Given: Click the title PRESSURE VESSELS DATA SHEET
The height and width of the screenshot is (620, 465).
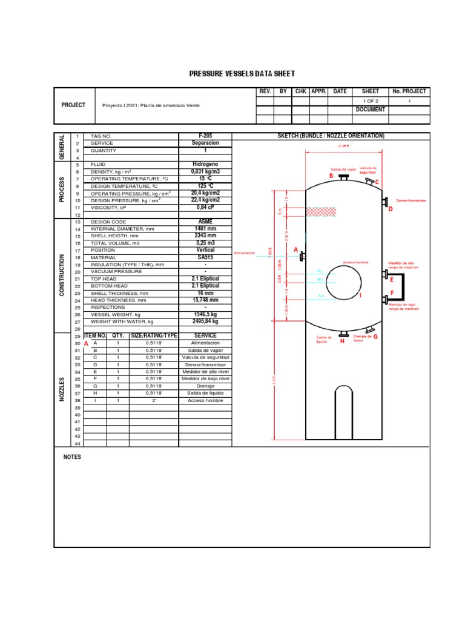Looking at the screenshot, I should pyautogui.click(x=242, y=74).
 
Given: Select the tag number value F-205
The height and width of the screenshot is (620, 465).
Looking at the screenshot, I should pyautogui.click(x=205, y=136).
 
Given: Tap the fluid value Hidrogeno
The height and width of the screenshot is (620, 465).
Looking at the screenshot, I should pyautogui.click(x=205, y=164).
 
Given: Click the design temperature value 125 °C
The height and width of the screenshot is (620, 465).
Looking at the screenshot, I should pyautogui.click(x=205, y=186).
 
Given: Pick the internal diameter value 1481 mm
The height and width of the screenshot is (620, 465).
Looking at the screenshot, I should pyautogui.click(x=205, y=229).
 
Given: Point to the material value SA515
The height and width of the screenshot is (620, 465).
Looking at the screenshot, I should pyautogui.click(x=205, y=257).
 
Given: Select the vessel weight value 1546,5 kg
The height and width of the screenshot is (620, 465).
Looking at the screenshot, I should pyautogui.click(x=205, y=314).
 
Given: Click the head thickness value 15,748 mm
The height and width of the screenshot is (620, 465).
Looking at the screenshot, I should pyautogui.click(x=205, y=300).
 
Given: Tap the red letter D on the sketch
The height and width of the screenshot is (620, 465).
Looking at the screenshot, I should pyautogui.click(x=391, y=209).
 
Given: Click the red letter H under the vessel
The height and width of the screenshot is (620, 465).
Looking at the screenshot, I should pyautogui.click(x=342, y=341).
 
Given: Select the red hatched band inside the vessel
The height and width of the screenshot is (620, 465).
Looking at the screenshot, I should pyautogui.click(x=321, y=211).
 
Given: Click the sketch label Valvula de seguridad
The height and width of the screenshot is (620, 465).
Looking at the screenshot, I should pyautogui.click(x=368, y=170).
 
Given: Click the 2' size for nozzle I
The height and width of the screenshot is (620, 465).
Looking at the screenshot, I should pyautogui.click(x=154, y=400).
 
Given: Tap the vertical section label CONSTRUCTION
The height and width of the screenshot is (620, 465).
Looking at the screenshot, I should pyautogui.click(x=62, y=275).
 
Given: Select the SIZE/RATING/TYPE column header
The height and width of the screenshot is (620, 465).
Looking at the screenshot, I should pyautogui.click(x=154, y=335).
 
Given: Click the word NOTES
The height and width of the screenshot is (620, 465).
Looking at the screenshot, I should pyautogui.click(x=72, y=457).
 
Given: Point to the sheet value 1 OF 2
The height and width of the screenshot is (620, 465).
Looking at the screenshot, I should pyautogui.click(x=370, y=101).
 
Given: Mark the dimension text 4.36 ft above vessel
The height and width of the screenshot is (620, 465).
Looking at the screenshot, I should pyautogui.click(x=344, y=145).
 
